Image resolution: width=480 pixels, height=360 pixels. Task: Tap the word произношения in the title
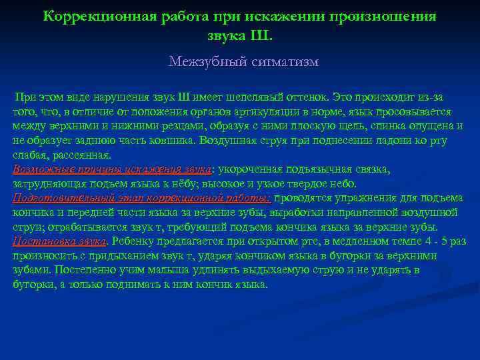pos(386,16)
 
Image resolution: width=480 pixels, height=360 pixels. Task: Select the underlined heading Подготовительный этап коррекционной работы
pos(141,198)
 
